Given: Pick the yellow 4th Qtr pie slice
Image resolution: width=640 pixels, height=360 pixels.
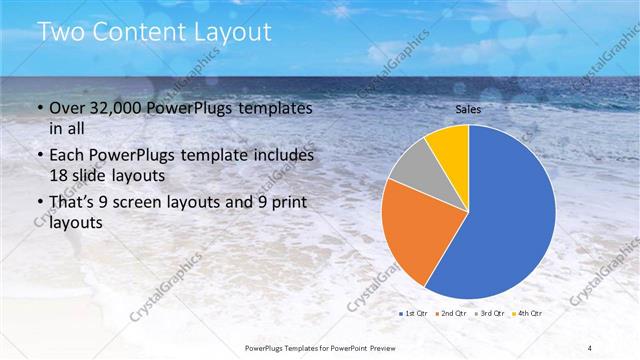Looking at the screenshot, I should [451, 148].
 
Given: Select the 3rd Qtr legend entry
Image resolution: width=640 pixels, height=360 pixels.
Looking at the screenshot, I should [491, 314].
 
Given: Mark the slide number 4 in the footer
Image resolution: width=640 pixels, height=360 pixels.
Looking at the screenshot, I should [591, 347].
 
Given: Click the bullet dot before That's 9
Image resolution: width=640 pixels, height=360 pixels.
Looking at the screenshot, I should [39, 203].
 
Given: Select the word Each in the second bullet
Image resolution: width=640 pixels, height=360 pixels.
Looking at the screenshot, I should [68, 156].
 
